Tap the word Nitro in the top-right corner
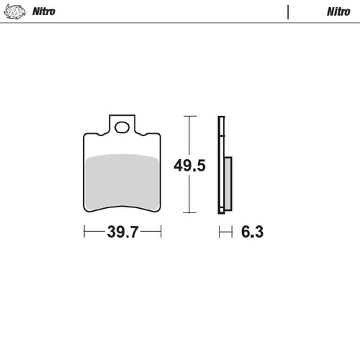tap(339, 12)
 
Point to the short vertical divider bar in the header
tap(288, 12)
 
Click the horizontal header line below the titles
tap(180, 23)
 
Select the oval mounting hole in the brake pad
tap(122, 128)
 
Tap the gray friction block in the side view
tap(228, 184)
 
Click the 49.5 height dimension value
tap(190, 166)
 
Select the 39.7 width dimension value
tap(122, 232)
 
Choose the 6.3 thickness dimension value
tap(250, 232)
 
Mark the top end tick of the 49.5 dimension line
tap(189, 116)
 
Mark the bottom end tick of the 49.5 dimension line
tap(189, 213)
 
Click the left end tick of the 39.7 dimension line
tap(85, 232)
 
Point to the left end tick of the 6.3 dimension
tap(220, 232)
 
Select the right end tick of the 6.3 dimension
tap(231, 232)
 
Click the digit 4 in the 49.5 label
tap(179, 166)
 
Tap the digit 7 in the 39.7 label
tap(134, 232)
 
